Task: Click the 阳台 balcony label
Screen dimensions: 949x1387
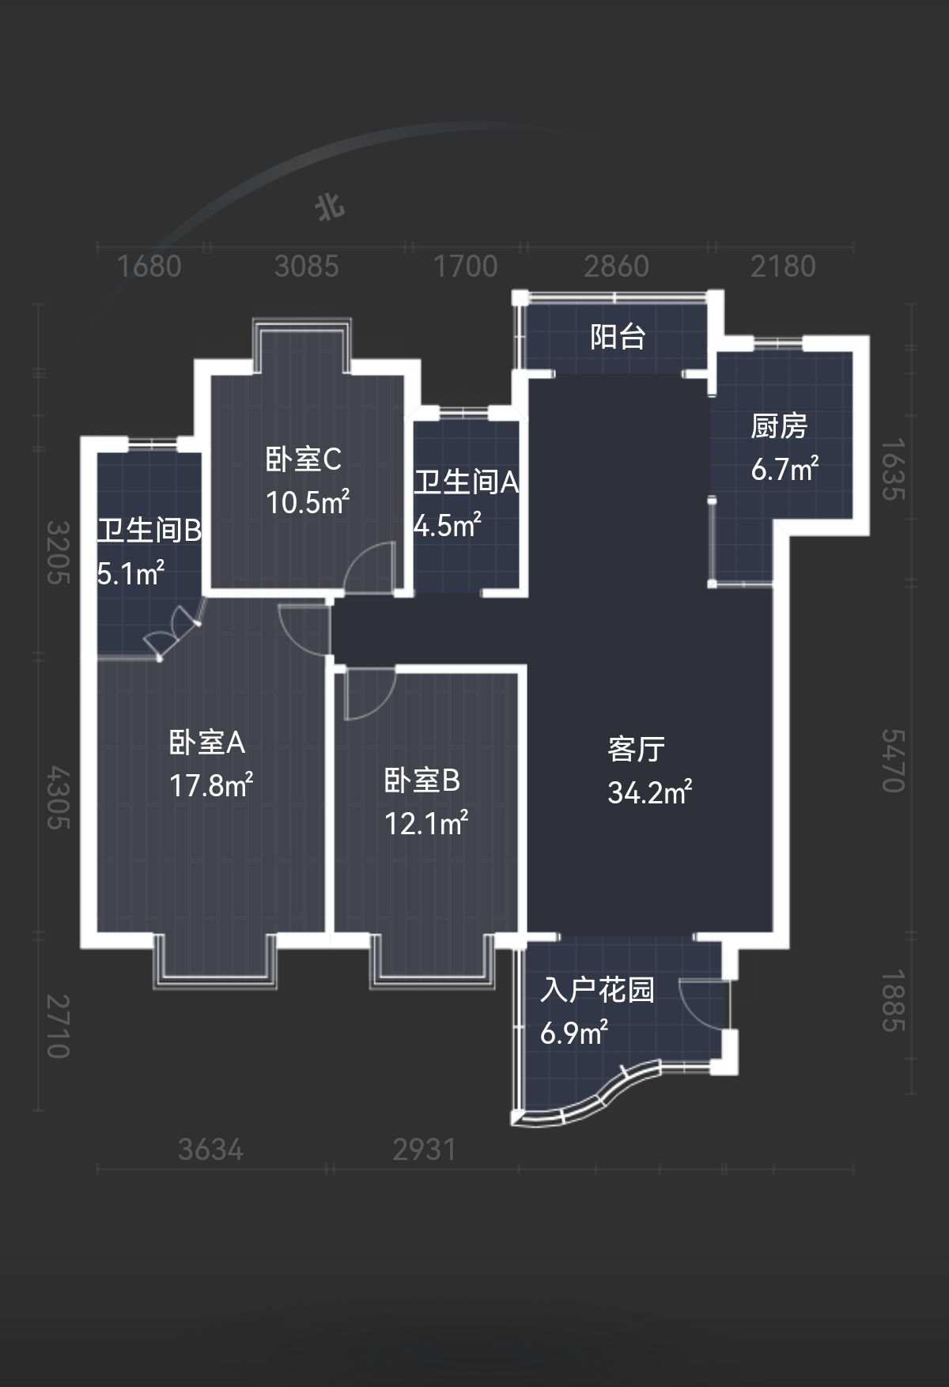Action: [618, 338]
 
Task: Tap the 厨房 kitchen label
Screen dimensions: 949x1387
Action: [779, 426]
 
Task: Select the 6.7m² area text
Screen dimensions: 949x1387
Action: [785, 469]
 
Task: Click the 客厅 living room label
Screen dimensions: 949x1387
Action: [637, 749]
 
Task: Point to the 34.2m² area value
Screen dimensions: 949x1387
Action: [650, 792]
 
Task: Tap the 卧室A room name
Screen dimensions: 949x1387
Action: [207, 743]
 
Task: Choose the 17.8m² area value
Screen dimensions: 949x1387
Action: [211, 785]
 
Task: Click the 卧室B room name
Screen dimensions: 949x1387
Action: [422, 780]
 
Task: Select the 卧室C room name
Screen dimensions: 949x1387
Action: [304, 459]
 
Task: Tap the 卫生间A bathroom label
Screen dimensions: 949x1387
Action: [467, 482]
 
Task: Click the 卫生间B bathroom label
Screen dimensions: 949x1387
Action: [149, 530]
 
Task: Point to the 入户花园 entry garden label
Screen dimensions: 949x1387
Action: [598, 990]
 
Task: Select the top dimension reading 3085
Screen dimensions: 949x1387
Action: [307, 266]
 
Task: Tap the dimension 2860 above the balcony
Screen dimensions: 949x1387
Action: [617, 266]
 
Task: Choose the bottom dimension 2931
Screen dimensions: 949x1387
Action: [425, 1150]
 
